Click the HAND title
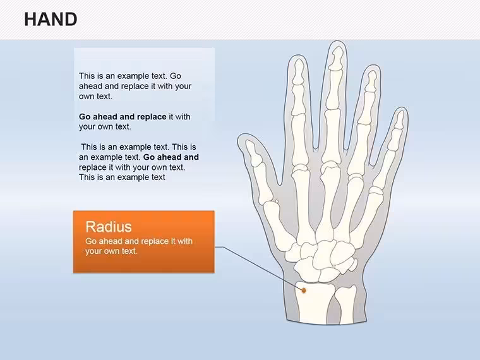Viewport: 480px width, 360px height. [51, 20]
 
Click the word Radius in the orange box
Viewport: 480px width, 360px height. [109, 227]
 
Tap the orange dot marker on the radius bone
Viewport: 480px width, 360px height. [304, 290]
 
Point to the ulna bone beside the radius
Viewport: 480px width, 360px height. [345, 304]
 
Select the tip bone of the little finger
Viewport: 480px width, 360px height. [399, 119]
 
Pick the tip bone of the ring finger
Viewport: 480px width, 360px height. [371, 81]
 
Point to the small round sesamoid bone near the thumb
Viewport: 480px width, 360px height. [277, 201]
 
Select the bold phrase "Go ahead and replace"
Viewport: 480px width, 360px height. [123, 117]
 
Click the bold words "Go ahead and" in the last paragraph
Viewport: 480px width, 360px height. [171, 157]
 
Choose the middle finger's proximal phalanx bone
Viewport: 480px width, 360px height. [332, 138]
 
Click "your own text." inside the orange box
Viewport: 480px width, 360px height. [111, 251]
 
